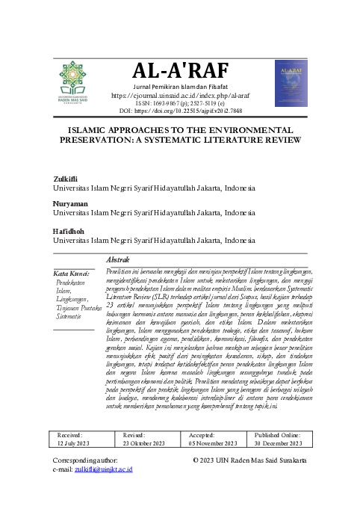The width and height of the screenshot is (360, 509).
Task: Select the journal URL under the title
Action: (179, 96)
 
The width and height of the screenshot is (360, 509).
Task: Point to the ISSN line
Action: (179, 103)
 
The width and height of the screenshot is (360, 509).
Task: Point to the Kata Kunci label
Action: (72, 273)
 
